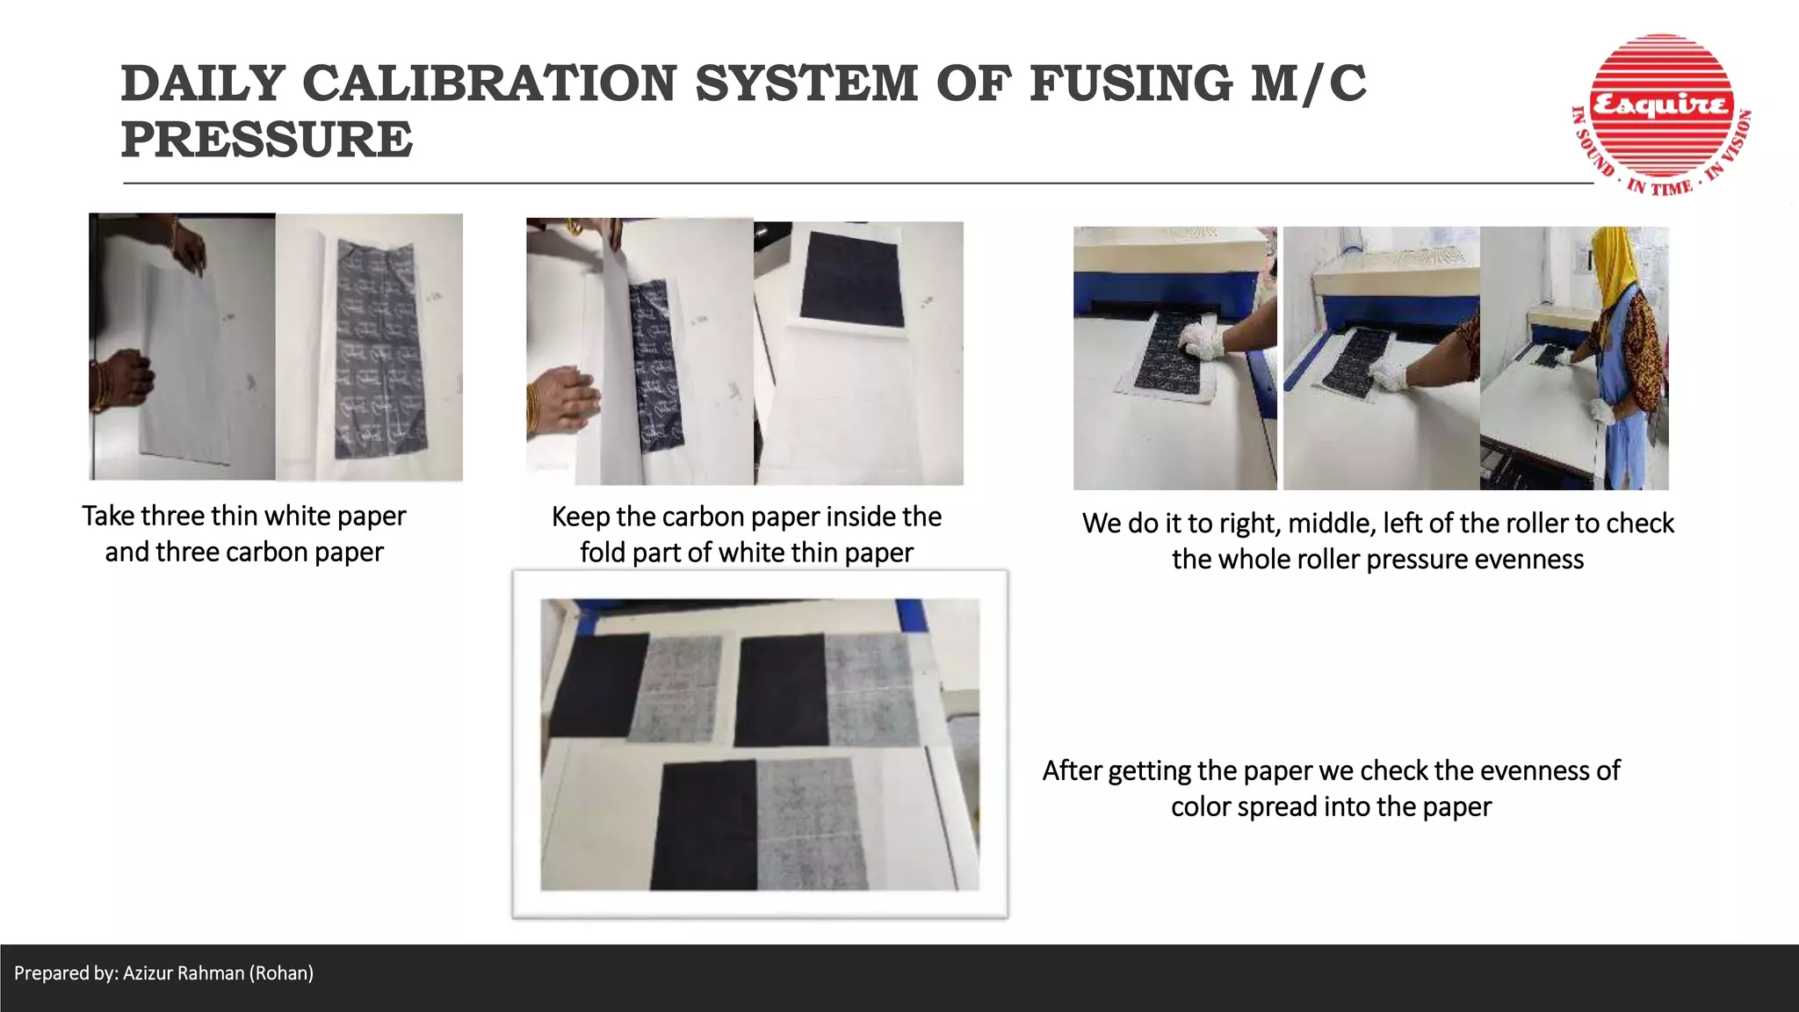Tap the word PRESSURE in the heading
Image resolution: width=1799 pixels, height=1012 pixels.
(266, 140)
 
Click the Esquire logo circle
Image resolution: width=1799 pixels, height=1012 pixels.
(1660, 105)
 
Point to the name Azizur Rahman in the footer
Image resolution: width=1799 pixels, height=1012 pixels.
(184, 973)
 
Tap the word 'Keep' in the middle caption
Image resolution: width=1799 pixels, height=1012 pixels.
(581, 517)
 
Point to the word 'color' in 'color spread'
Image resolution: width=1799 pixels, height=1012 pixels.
(1200, 806)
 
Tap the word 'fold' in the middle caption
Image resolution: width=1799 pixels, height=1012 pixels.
(602, 553)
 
